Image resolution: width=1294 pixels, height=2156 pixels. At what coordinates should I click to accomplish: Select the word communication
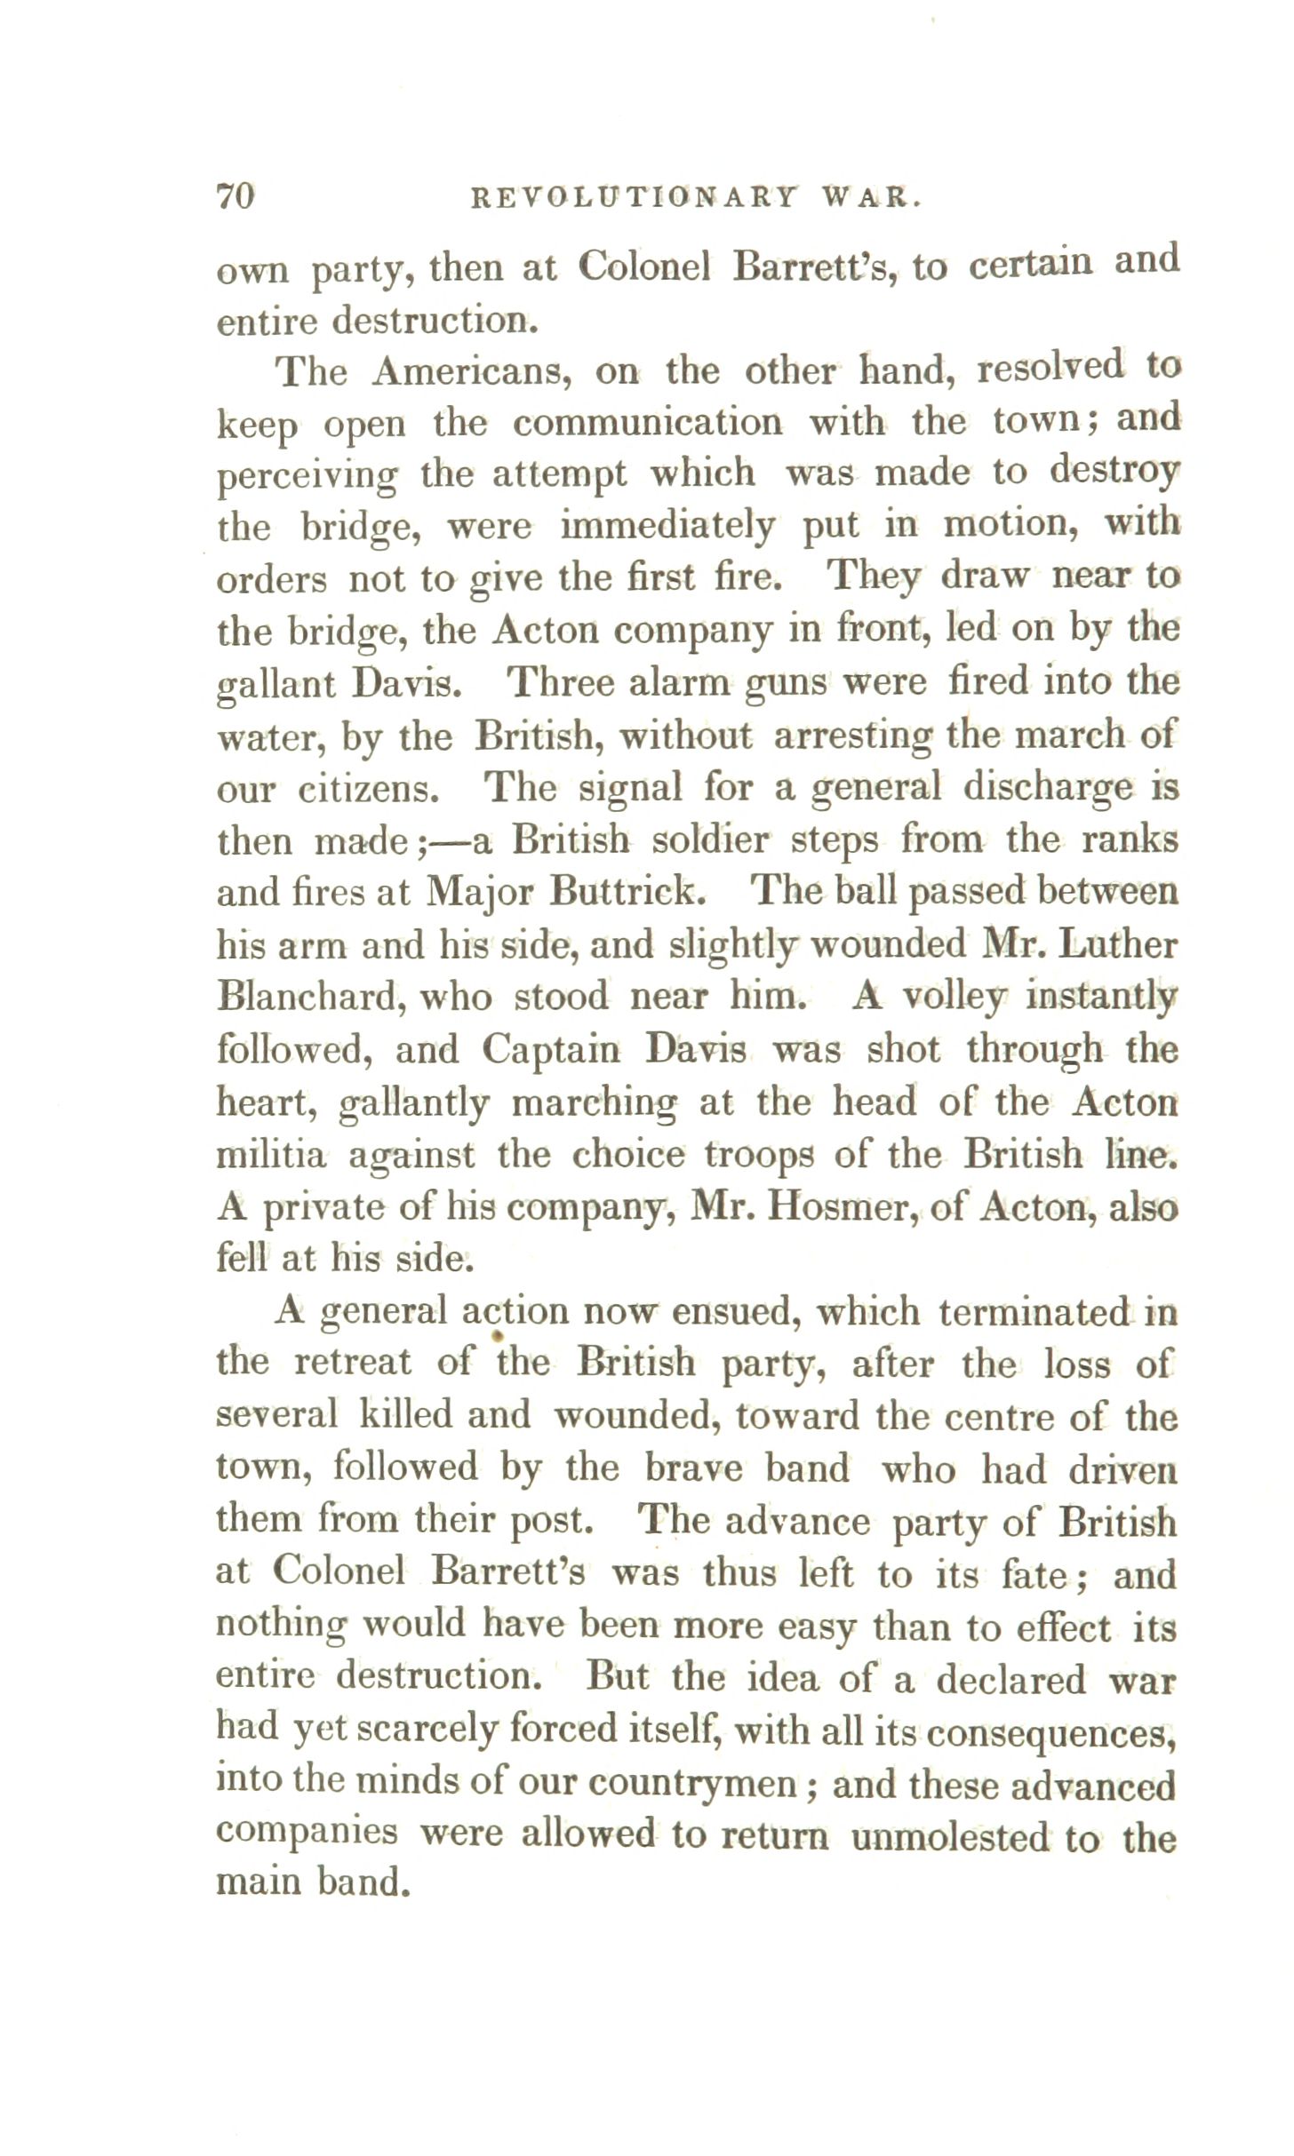pos(648,423)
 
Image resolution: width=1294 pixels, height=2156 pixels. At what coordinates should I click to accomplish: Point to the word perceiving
pos(308,476)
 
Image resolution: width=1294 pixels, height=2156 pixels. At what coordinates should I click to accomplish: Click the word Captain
pos(551,1050)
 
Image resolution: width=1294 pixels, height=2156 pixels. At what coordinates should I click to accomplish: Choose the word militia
pos(272,1155)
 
